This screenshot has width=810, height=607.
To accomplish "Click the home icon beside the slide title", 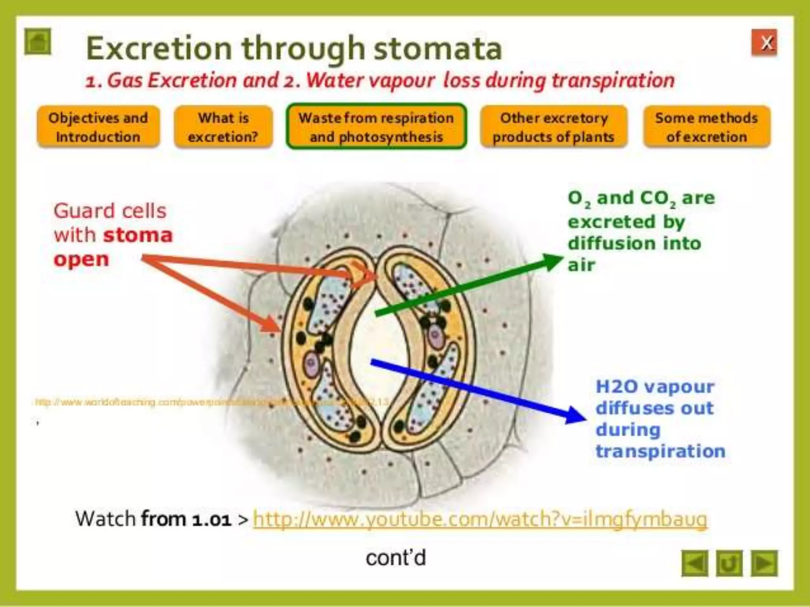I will point(38,41).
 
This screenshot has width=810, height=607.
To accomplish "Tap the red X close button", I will point(764,42).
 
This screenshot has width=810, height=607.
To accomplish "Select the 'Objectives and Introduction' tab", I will point(98,127).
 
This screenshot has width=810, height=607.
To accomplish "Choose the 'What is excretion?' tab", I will point(223,127).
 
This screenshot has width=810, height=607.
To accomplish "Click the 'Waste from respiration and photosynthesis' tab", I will point(376,126).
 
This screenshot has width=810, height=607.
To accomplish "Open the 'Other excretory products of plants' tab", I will point(553,127).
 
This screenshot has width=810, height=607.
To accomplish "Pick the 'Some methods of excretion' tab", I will point(706,127).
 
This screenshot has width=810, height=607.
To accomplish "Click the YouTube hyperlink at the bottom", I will point(480,519).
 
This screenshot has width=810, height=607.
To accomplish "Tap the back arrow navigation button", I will point(695,563).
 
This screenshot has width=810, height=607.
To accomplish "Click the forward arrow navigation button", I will point(764,563).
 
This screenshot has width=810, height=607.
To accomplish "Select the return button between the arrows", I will point(729,563).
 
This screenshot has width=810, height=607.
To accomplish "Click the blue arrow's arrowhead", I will point(575,415).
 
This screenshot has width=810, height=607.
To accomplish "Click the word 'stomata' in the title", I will point(437,48).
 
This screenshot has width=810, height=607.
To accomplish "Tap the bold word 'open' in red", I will point(81,260).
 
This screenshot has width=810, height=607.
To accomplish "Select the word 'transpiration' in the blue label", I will point(660,451).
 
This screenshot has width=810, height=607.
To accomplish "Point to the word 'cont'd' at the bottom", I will point(396,558).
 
